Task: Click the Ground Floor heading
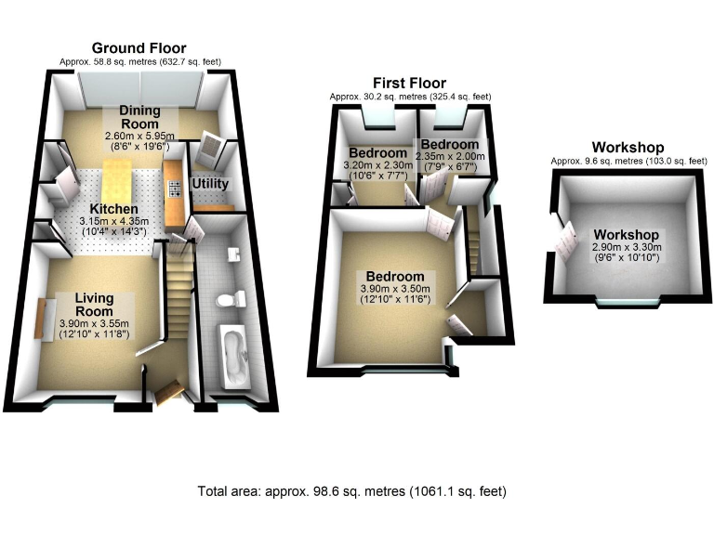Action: point(139,48)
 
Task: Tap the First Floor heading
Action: point(410,83)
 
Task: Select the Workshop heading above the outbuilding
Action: point(628,148)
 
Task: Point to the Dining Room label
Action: point(139,117)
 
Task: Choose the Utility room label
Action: point(210,184)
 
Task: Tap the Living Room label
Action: point(94,304)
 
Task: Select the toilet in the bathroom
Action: point(231,299)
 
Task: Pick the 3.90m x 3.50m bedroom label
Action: point(395,290)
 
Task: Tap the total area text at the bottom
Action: point(351,491)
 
